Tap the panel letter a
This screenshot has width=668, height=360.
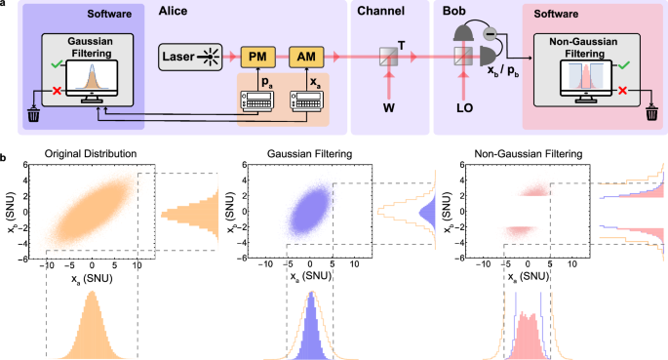[x=7, y=8]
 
